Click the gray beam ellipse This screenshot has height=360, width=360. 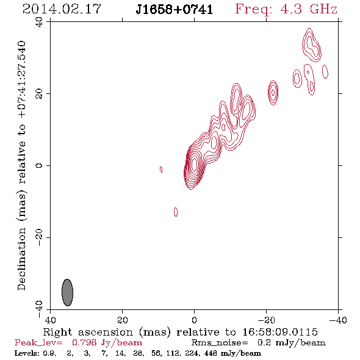tap(67, 292)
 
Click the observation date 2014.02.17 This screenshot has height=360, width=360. tap(62, 9)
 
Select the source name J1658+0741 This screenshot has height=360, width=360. tap(174, 9)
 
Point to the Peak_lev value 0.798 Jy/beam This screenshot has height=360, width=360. tap(107, 342)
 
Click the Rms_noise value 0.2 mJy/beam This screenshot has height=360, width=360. tap(291, 342)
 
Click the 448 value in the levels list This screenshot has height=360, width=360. tap(211, 353)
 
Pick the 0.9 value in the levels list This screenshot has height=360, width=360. tap(49, 353)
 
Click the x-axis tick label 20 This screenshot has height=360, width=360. tap(123, 320)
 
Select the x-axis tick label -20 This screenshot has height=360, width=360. tap(266, 320)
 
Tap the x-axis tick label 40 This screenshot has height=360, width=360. tap(50, 320)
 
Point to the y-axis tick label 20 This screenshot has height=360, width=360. tap(39, 94)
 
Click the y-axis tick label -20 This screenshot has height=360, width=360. tap(39, 237)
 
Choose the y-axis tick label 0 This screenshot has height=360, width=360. tap(39, 165)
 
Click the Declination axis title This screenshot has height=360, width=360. tap(21, 165)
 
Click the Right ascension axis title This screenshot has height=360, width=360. tap(180, 332)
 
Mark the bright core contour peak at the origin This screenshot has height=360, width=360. tap(194, 165)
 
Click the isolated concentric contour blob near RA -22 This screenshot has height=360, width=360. tap(273, 93)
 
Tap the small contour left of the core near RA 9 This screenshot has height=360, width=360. tap(161, 170)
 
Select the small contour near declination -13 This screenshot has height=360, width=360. tap(176, 212)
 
